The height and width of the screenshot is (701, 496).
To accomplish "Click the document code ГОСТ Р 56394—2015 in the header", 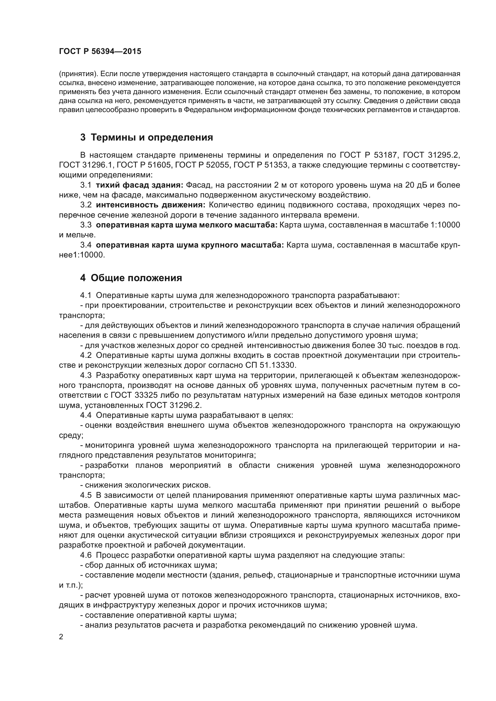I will click(x=100, y=51).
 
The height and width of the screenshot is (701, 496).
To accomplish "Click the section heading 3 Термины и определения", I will click(x=146, y=137).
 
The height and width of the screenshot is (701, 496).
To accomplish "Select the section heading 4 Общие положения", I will click(x=131, y=278).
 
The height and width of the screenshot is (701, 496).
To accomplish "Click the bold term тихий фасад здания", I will click(x=139, y=185).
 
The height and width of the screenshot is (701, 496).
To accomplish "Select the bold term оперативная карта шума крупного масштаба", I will click(x=190, y=245).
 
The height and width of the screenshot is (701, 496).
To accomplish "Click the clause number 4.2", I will click(x=86, y=356).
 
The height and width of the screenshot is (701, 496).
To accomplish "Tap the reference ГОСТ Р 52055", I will click(x=202, y=165).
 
